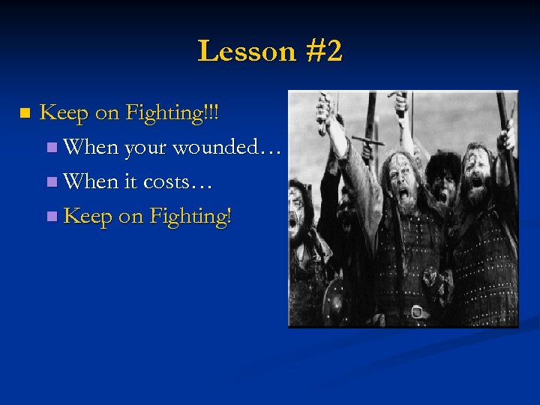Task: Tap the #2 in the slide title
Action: [x=323, y=51]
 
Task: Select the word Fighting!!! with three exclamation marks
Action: [x=173, y=113]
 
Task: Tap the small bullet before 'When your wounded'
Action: [x=51, y=148]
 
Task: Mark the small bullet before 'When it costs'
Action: [x=51, y=182]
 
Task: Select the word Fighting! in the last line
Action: [x=190, y=216]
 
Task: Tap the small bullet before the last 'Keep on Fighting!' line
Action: [x=51, y=217]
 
